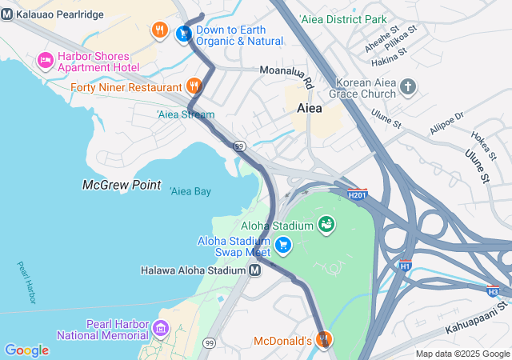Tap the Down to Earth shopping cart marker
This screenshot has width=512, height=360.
tap(184, 33)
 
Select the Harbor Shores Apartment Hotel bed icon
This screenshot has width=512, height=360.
tap(46, 60)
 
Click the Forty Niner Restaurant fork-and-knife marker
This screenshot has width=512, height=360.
tap(194, 86)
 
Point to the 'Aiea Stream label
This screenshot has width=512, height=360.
tap(186, 114)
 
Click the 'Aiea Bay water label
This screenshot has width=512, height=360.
tap(190, 190)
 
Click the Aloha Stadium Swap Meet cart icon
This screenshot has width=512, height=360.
tap(282, 245)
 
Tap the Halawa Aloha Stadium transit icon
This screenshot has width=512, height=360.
tap(254, 270)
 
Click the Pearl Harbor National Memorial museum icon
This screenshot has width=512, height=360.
tap(161, 327)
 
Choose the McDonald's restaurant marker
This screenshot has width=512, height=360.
tap(323, 340)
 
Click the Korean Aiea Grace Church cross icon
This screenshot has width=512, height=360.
tap(408, 86)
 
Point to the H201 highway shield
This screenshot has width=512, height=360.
tap(358, 194)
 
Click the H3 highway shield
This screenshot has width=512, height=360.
tap(493, 291)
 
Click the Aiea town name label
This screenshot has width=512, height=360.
tap(310, 106)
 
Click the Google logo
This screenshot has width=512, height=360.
tap(26, 350)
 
